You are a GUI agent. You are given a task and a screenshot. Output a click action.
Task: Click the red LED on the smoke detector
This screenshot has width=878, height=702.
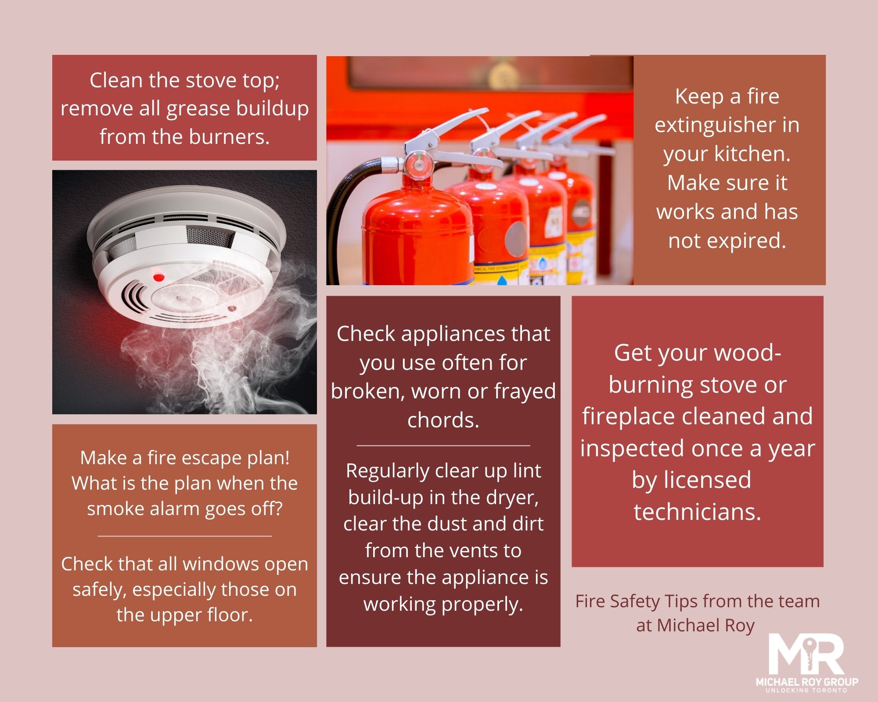pos(158,277)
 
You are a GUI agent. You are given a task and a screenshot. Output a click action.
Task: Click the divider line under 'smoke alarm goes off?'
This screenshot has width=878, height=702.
pos(184,536)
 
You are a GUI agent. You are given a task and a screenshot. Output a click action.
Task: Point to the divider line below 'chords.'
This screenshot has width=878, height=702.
pos(443,445)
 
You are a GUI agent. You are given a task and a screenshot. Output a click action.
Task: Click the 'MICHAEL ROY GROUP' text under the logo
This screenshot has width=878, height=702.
pos(807,682)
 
